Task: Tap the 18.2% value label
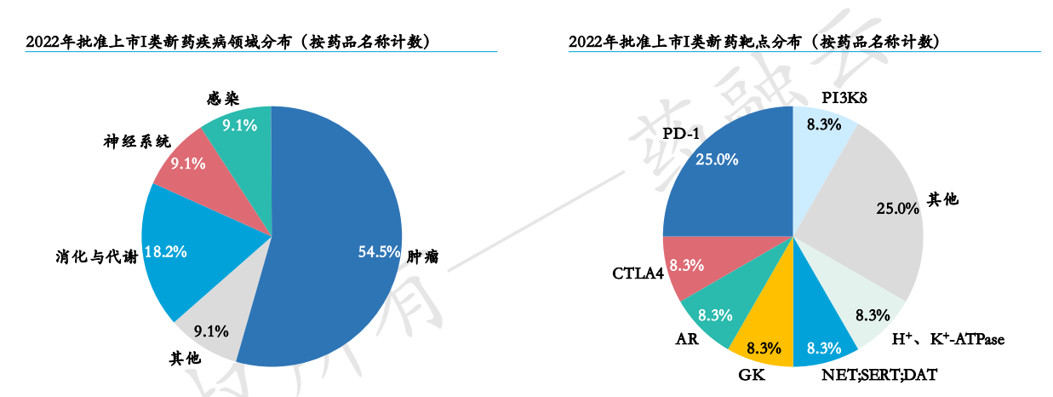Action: point(166,252)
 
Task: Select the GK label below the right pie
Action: point(750,374)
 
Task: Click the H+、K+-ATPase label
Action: point(947,339)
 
